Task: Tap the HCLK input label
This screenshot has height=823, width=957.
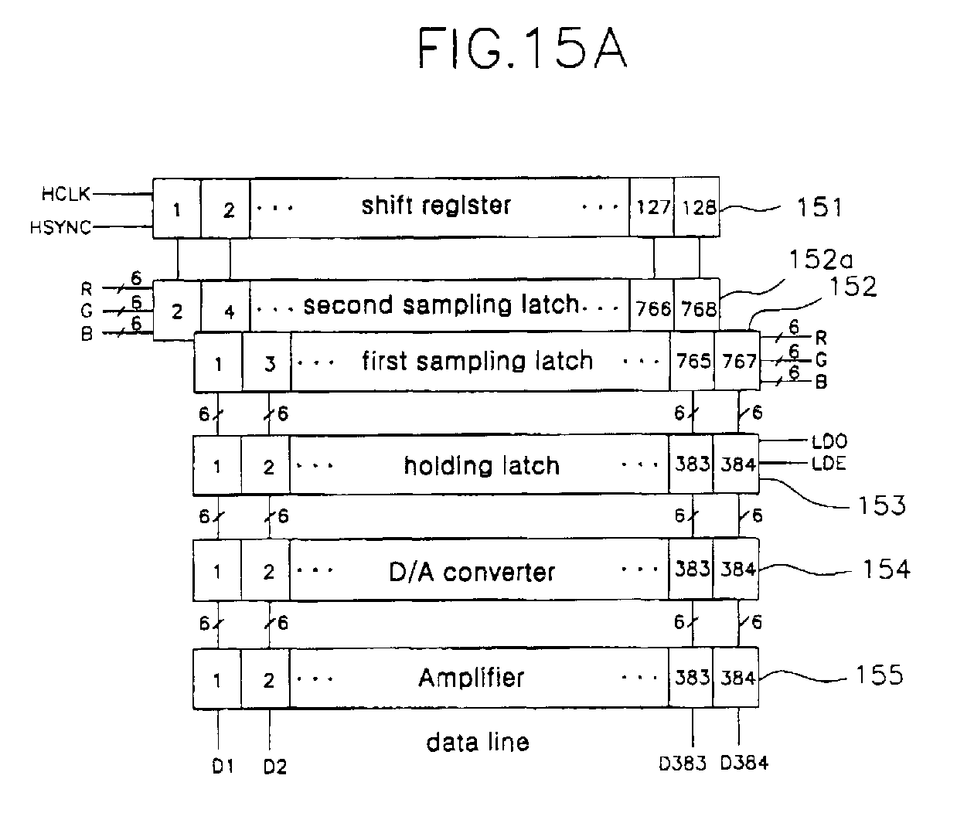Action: click(x=66, y=194)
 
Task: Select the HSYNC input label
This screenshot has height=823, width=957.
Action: click(x=60, y=227)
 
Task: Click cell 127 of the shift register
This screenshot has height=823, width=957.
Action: click(x=653, y=207)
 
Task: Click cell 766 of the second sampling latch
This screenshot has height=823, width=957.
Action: click(x=653, y=309)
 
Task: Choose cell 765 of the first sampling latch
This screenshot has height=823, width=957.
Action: click(x=693, y=361)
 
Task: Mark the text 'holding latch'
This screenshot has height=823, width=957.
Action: click(x=482, y=465)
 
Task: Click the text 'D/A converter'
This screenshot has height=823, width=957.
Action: click(x=472, y=572)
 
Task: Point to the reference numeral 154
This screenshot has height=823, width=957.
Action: click(x=886, y=570)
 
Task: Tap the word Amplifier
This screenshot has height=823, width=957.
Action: click(x=472, y=678)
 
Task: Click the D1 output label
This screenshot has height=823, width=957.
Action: click(x=223, y=767)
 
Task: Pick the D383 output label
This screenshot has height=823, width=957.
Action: click(x=682, y=763)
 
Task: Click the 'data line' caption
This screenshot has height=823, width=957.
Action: click(x=478, y=743)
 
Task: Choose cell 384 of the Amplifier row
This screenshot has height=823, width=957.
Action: click(x=737, y=678)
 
